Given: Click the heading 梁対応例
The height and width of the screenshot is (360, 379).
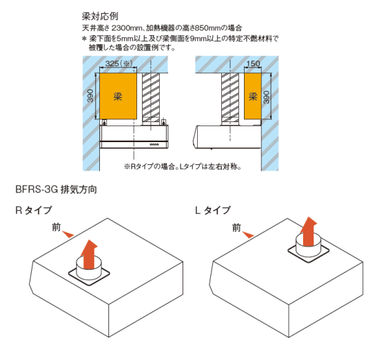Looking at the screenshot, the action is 100,17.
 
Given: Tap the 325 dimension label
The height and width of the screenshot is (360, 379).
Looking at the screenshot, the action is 112,63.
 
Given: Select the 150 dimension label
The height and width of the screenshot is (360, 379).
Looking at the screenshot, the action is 253,63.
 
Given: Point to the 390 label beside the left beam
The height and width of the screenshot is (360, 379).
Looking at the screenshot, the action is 90,96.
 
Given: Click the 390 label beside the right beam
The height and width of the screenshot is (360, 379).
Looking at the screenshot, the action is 266,97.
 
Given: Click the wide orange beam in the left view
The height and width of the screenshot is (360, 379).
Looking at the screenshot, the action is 119,96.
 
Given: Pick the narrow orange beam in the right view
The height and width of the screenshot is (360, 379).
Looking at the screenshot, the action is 253,96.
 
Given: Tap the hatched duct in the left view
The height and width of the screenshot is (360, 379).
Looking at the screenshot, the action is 151,97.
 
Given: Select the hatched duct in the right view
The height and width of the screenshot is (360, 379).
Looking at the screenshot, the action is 230,97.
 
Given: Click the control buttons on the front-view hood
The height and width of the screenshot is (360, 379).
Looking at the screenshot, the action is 154,144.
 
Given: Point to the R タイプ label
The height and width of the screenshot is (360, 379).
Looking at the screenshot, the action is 34,210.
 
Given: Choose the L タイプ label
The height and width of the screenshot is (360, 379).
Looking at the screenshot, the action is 213,210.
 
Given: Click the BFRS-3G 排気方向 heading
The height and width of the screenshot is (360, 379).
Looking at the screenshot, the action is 56,190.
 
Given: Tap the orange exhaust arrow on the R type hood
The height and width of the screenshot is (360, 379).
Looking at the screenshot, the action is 88,254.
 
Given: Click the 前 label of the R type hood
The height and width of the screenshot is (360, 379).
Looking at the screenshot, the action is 56,227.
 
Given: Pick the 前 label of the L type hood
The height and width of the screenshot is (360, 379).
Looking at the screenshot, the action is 236,228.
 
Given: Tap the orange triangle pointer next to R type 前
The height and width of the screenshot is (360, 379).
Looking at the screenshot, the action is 68,234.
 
